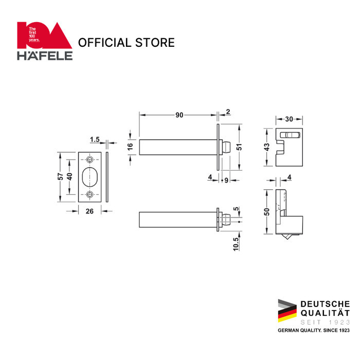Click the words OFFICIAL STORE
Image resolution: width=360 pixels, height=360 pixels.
126,42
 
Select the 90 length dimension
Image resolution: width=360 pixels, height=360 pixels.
179,115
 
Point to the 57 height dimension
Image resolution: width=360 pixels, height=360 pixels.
60,176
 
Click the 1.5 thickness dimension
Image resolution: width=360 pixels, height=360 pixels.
95,139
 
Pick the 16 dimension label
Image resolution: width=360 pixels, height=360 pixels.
131,146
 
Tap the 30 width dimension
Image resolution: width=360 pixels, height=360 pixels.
289,119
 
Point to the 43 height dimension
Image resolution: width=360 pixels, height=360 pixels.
267,147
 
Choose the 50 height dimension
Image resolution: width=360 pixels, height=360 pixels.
267,212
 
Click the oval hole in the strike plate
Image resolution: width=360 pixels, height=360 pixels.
91,176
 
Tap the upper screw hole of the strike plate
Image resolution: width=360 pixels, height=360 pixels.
91,158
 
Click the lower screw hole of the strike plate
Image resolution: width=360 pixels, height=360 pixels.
91,194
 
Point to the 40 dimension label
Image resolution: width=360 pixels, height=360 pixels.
69,176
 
